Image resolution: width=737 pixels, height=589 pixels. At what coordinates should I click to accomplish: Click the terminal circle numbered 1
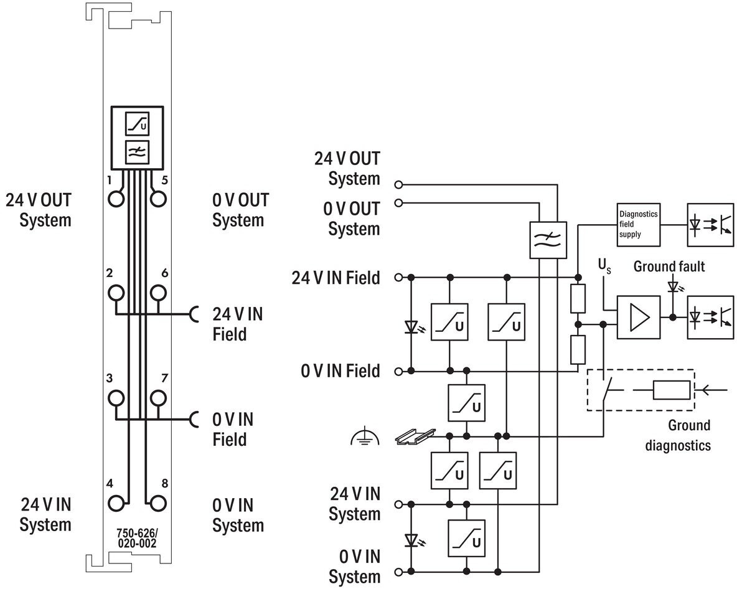pos(116,199)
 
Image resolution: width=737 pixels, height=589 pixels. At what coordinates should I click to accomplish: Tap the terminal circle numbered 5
pos(158,199)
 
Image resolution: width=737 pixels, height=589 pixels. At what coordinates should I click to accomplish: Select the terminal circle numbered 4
pos(116,503)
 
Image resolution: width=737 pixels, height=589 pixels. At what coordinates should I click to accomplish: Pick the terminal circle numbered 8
pos(158,503)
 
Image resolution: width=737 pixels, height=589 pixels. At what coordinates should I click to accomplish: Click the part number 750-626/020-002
pos(137,538)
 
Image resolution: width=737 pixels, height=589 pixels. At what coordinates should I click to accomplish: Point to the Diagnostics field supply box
pos(638,225)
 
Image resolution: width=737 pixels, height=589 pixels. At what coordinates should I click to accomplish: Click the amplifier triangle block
pos(638,317)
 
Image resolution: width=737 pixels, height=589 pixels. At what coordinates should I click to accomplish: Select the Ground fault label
pos(669,266)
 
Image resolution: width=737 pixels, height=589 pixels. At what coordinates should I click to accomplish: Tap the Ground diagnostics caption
pos(678,435)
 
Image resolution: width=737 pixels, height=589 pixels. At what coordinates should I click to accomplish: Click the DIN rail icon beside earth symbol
pos(416,436)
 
